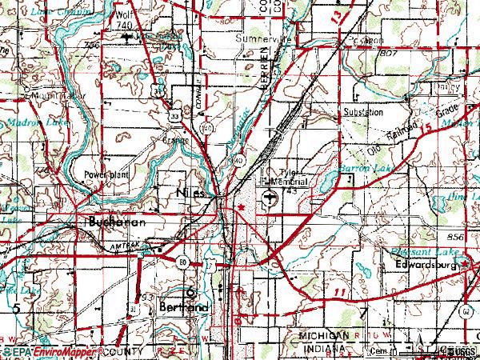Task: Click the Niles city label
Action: tap(190, 194)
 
